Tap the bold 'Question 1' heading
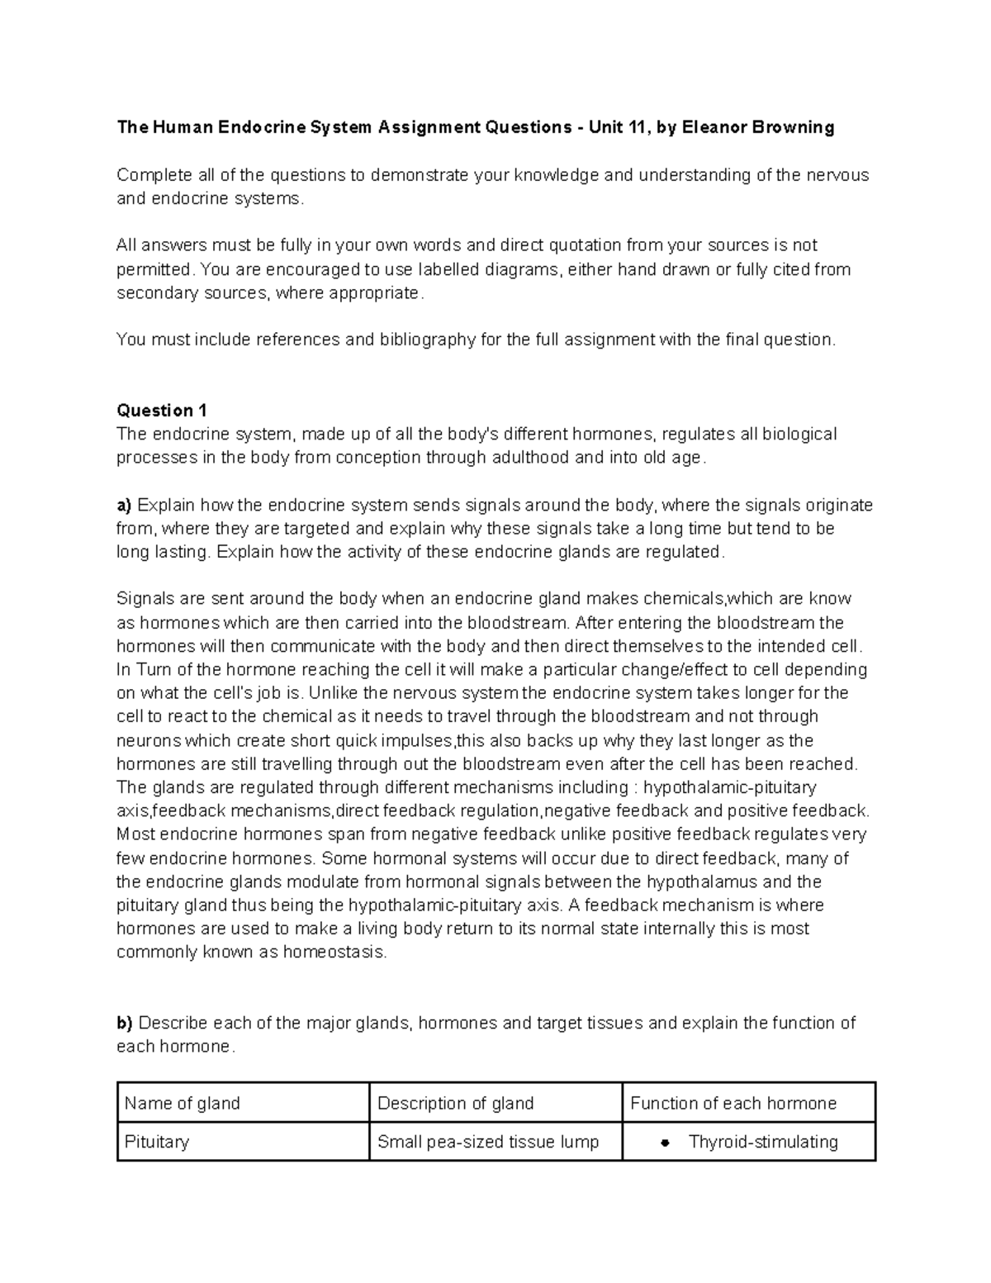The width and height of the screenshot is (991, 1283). click(162, 411)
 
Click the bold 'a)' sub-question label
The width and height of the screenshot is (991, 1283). click(125, 506)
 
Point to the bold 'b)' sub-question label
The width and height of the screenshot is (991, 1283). click(125, 1023)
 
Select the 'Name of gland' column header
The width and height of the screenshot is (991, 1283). click(183, 1103)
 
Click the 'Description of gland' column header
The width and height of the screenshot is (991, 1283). click(455, 1103)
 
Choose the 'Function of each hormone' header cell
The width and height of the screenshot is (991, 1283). click(733, 1103)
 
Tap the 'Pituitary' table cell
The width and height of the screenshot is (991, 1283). click(157, 1142)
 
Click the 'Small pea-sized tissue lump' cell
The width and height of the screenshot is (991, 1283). click(488, 1142)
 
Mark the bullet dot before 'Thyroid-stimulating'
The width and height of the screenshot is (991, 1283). click(664, 1143)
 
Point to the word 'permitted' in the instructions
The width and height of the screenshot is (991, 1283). click(154, 269)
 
